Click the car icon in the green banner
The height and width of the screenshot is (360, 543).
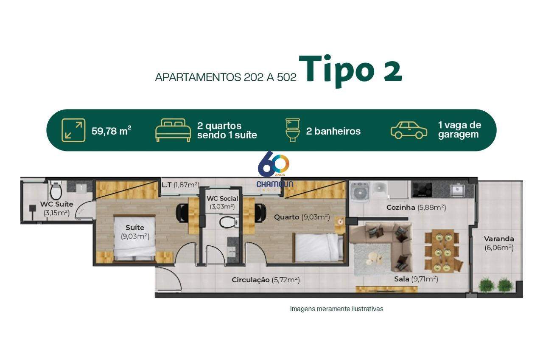coord(409,130)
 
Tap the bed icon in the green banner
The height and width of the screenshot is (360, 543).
coord(173,130)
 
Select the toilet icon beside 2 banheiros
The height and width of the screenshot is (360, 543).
coord(293,130)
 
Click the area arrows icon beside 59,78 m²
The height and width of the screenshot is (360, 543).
coord(73,130)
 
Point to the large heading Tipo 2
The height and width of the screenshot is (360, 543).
coord(350,70)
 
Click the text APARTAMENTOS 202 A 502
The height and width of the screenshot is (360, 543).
coord(226,77)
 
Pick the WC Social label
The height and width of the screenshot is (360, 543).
coord(222,198)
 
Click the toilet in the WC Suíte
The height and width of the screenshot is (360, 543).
coord(56,190)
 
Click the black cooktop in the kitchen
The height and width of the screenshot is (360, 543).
coord(422,189)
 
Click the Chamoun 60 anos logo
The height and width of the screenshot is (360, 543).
coord(274,169)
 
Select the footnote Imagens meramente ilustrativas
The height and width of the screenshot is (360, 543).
coord(336,309)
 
